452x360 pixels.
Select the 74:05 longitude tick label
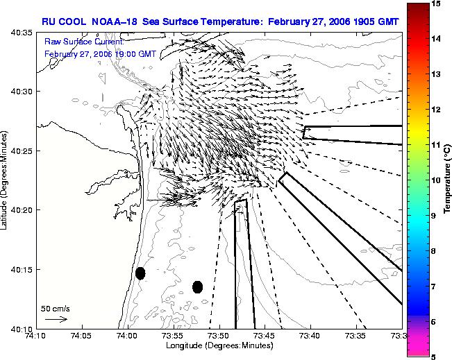pos(83,336)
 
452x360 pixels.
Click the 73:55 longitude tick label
pos(174,336)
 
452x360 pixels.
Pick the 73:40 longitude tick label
pos(311,336)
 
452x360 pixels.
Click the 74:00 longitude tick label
pos(128,336)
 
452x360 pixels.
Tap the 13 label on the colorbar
pos(436,74)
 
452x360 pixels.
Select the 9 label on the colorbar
pos(434,216)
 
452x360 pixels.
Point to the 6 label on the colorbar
pos(434,322)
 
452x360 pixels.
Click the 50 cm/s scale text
pos(56,309)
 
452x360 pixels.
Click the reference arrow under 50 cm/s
pos(56,319)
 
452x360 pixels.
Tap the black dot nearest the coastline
pos(140,273)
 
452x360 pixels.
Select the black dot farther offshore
pos(197,287)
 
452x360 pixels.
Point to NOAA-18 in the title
pos(114,22)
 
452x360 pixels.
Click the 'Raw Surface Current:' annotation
pos(84,42)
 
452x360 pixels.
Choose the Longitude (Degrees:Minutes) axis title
pos(219,345)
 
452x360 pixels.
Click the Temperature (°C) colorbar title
pos(447,179)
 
